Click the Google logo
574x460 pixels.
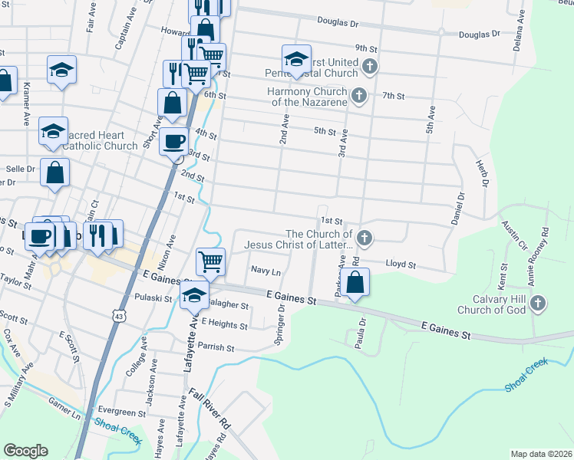click(x=26, y=451)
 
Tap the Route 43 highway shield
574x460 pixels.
click(x=117, y=315)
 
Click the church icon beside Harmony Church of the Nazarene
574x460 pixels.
click(x=358, y=96)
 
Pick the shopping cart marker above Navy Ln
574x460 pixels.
click(x=210, y=261)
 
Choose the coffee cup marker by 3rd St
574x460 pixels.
click(x=174, y=142)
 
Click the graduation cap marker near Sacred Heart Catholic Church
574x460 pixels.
click(x=52, y=131)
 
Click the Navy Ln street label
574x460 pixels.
click(x=266, y=271)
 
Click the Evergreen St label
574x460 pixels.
click(x=121, y=412)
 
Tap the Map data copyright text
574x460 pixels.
click(x=541, y=454)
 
